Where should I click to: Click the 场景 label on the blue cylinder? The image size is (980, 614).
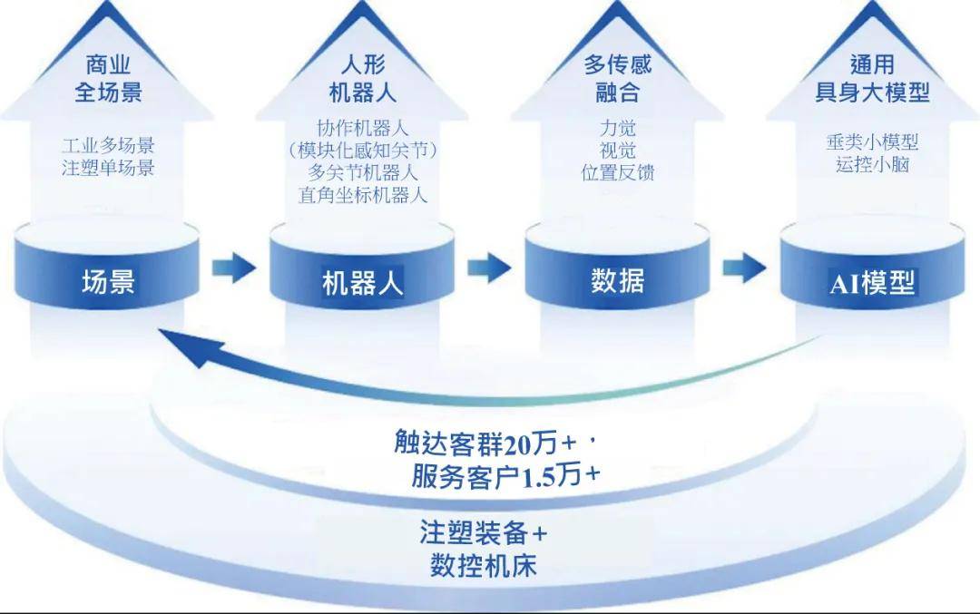108,282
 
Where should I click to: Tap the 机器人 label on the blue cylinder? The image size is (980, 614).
363,284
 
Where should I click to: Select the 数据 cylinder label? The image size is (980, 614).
617,281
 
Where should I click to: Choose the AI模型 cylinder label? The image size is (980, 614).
872,283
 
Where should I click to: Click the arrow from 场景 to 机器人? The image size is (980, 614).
234,268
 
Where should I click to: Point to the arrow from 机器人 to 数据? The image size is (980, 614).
489,268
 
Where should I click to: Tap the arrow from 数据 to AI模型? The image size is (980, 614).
744,268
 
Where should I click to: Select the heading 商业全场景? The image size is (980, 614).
108,78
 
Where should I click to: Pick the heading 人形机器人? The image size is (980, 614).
363,78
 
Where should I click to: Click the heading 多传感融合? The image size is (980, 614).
617,78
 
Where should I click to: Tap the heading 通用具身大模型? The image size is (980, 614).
872,78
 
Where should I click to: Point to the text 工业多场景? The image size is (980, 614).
108,145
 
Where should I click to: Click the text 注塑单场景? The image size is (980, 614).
108,168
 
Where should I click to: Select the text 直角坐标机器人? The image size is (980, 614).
363,194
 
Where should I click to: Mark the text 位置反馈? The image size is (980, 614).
617,172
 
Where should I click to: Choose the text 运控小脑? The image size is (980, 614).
872,165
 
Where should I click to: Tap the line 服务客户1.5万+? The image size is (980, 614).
505,477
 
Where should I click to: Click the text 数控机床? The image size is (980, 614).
483,566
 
